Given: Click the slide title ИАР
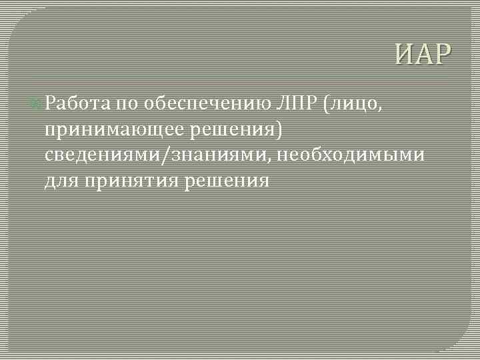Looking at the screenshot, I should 422,55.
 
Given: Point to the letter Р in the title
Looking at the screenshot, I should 442,55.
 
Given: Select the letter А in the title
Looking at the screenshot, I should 423,55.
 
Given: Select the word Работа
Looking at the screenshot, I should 78,104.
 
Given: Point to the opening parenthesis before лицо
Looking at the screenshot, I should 328,105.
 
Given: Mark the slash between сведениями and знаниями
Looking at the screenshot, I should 171,156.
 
